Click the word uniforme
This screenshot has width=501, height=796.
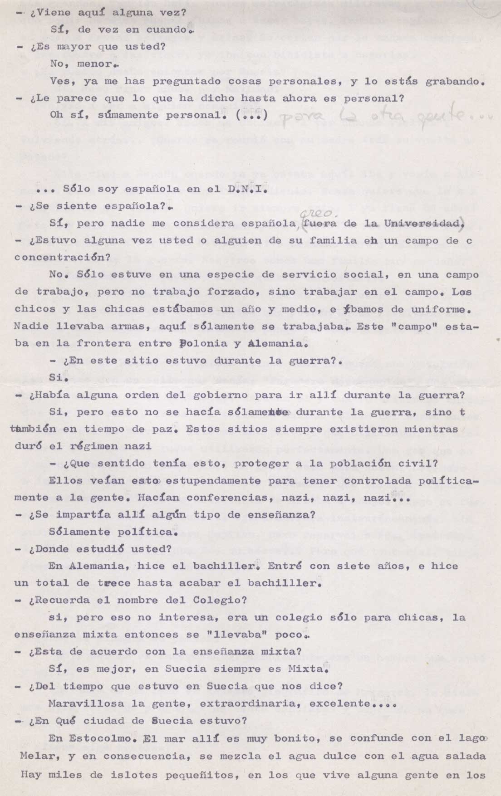coord(440,309)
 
